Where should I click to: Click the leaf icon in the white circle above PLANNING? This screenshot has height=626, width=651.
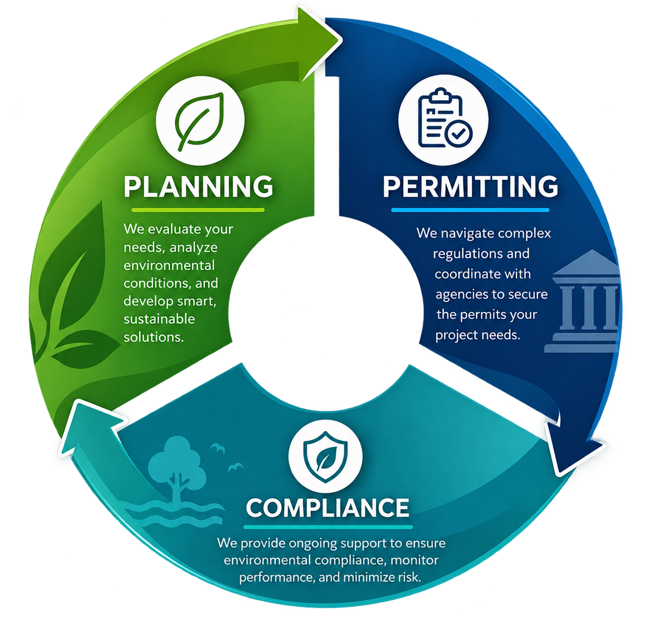[200, 121]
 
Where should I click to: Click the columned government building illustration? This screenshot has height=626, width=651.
[583, 301]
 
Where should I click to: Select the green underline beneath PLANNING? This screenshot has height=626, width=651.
[198, 210]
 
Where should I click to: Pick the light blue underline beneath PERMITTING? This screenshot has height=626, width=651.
[470, 210]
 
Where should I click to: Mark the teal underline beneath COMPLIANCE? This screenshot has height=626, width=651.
[328, 527]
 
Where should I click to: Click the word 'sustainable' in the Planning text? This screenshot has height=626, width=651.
[159, 319]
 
